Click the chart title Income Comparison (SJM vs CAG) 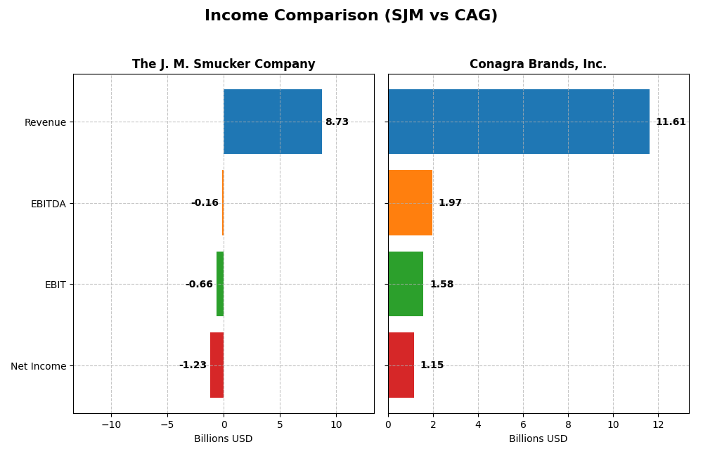[351, 15]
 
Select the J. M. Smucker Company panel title [224, 64]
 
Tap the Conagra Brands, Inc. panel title [538, 64]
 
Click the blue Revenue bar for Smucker [273, 122]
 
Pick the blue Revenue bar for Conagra [518, 122]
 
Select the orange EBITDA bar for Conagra [410, 203]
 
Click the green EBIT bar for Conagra [406, 284]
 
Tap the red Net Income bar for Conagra [401, 365]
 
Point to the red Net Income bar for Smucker [217, 365]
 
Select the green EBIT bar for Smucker [220, 284]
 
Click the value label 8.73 [337, 122]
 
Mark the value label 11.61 [671, 122]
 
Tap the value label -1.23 [193, 365]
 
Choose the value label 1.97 [450, 203]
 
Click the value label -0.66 [199, 285]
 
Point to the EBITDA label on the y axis [48, 204]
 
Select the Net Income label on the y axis [38, 366]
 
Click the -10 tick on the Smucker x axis [110, 424]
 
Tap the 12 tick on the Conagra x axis [658, 424]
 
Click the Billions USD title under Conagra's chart [538, 439]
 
